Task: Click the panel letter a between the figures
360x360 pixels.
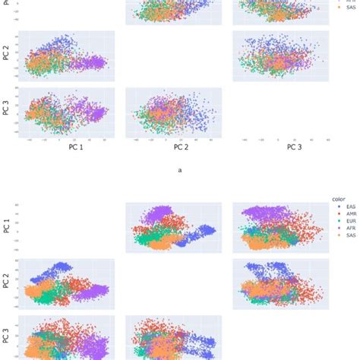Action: point(180,170)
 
